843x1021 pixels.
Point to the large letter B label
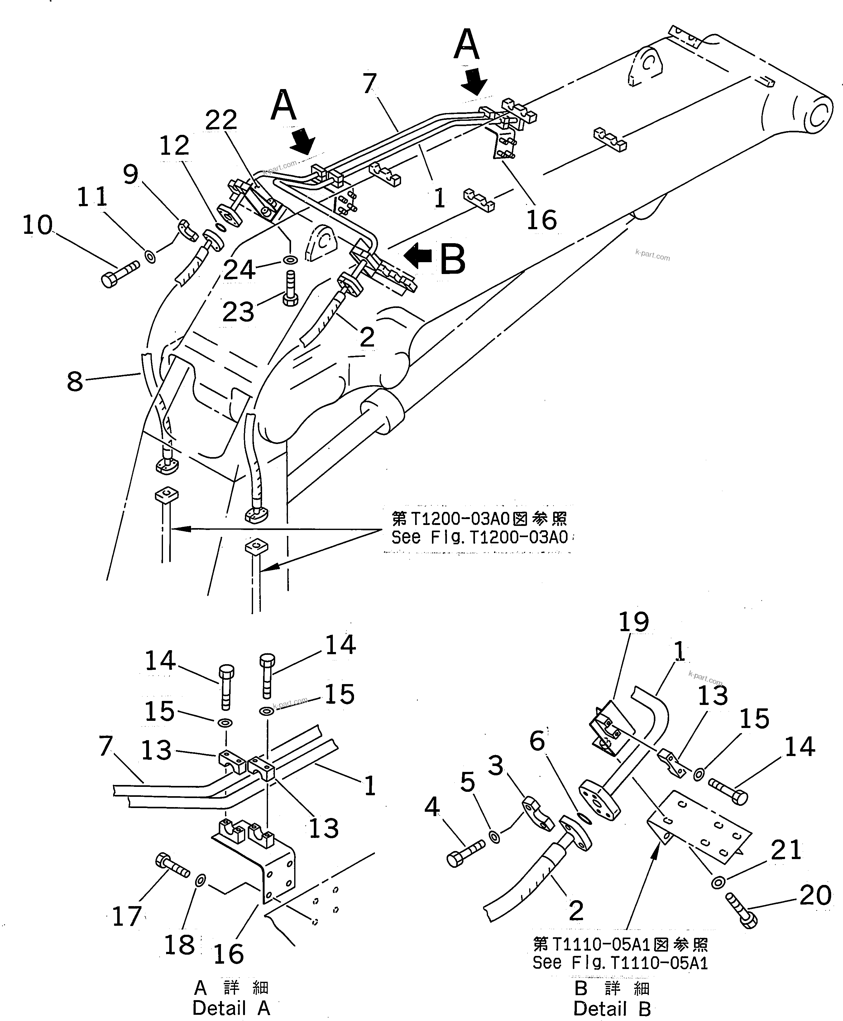point(452,260)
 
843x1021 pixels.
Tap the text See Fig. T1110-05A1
point(620,963)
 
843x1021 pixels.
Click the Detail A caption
point(231,1008)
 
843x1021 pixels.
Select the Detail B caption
point(612,1008)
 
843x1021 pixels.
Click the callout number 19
point(633,623)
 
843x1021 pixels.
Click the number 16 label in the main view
point(541,220)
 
